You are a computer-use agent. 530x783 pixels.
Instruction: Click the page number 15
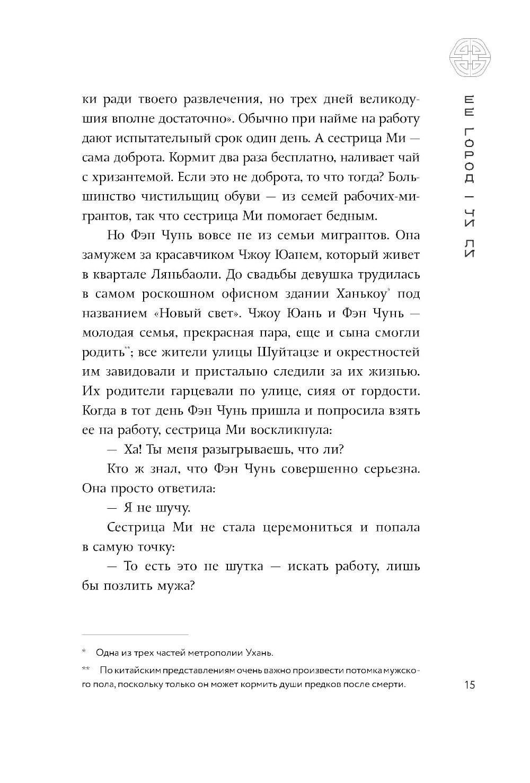(x=469, y=684)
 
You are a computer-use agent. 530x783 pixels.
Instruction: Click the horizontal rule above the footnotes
(x=135, y=634)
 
